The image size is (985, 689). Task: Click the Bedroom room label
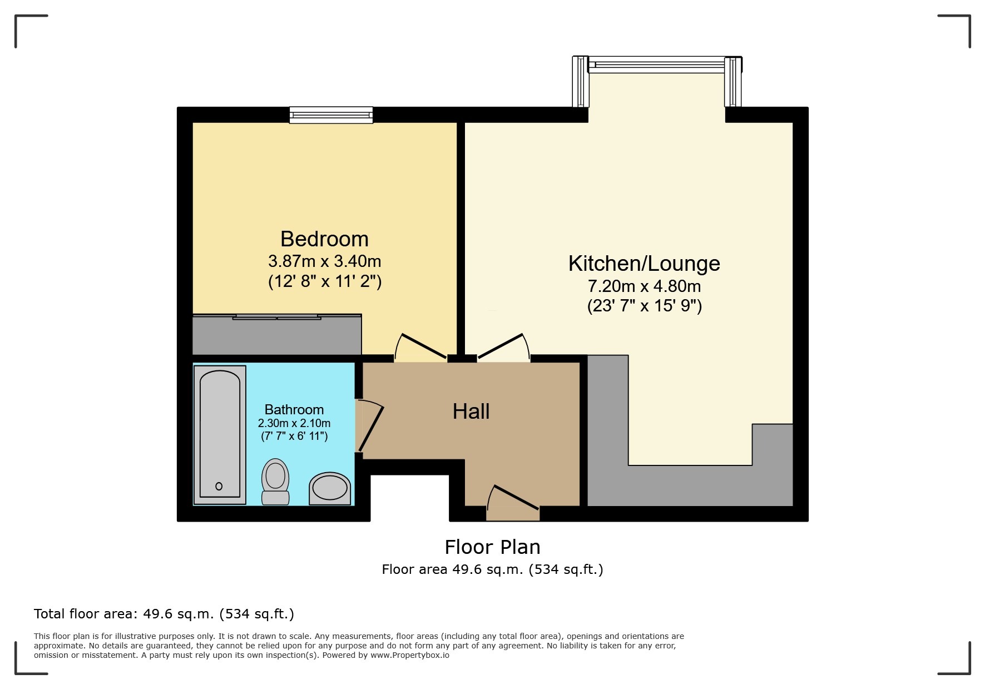(x=324, y=239)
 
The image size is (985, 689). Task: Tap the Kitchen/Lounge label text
(x=644, y=264)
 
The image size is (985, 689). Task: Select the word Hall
(x=471, y=412)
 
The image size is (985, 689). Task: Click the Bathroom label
(x=294, y=409)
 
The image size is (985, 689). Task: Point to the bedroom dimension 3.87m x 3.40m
(x=324, y=261)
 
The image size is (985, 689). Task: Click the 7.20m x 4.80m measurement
(x=644, y=286)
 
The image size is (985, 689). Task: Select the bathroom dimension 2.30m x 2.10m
(x=294, y=423)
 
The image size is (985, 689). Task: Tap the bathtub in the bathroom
(x=220, y=434)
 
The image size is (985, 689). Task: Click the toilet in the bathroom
(x=275, y=482)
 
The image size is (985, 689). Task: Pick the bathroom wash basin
(x=330, y=488)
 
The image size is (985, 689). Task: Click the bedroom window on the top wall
(x=331, y=115)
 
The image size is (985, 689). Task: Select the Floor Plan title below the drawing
(x=492, y=547)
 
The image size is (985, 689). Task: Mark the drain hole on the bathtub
(x=219, y=486)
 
